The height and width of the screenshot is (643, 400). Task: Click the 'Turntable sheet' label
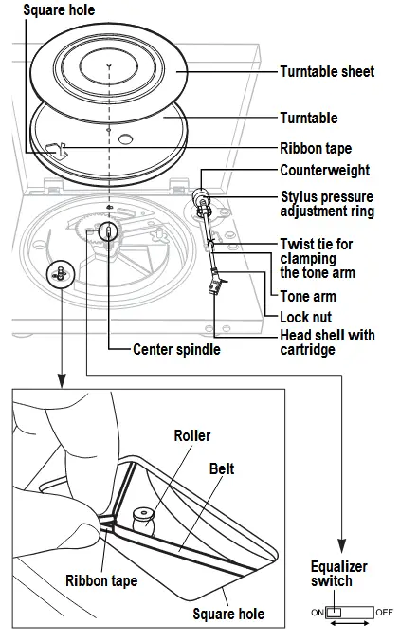click(327, 71)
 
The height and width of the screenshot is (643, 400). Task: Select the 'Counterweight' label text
click(324, 171)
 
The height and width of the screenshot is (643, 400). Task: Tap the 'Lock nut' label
click(305, 316)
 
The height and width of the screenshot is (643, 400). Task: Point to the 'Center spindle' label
click(176, 350)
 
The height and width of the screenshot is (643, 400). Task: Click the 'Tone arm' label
click(308, 295)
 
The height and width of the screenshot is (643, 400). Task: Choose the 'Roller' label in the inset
click(191, 435)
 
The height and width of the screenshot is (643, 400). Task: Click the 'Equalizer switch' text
click(338, 574)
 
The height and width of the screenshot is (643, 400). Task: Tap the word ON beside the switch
click(317, 613)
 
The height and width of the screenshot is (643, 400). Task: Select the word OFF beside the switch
click(384, 613)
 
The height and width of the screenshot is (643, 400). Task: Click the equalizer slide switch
click(350, 613)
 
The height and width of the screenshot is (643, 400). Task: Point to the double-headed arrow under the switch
click(350, 627)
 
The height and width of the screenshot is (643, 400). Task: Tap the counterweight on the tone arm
click(201, 197)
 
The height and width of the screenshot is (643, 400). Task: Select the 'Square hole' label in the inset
click(228, 614)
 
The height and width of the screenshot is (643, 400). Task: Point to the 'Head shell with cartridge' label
click(327, 342)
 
